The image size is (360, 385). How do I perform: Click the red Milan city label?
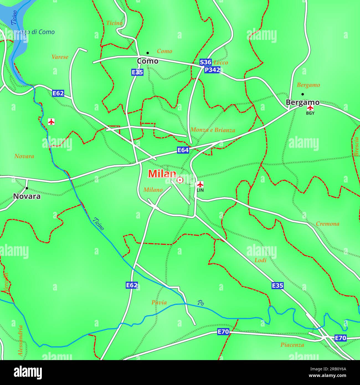(x=162, y=174)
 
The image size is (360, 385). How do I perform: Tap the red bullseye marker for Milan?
(x=180, y=180)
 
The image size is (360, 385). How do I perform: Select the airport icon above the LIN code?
(x=200, y=184)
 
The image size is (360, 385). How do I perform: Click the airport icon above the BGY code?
(x=310, y=107)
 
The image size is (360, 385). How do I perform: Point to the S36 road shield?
(x=205, y=62)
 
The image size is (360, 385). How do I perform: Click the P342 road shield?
(x=212, y=70)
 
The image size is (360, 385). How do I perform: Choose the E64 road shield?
(x=183, y=150)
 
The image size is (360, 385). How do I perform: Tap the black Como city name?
(x=148, y=61)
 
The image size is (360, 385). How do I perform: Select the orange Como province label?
(x=164, y=51)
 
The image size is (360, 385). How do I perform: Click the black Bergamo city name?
(x=302, y=102)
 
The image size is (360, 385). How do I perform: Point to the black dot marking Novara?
(x=27, y=188)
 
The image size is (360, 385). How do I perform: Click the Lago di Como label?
(x=36, y=32)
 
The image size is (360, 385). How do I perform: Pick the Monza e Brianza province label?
(x=213, y=130)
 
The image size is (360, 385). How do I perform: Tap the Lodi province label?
(x=260, y=260)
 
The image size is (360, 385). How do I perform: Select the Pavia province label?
(x=159, y=302)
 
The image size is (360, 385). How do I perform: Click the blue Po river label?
(x=201, y=303)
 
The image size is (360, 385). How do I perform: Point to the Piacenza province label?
(x=292, y=345)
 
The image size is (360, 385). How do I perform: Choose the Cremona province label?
(x=327, y=224)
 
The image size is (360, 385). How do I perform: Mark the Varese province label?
(x=60, y=57)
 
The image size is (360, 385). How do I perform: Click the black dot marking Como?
(x=148, y=53)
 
